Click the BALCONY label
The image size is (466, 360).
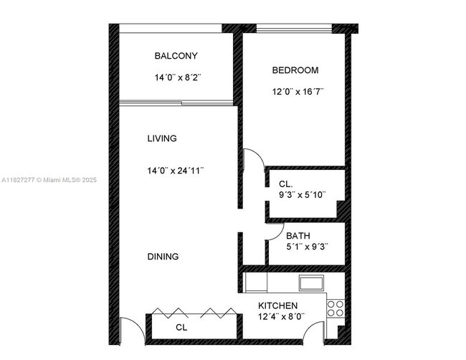(176, 56)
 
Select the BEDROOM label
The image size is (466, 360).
(295, 70)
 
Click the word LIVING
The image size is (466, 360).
(162, 138)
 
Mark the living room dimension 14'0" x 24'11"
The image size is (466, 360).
(176, 171)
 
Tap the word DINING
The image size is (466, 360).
(163, 257)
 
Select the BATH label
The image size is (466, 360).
(298, 236)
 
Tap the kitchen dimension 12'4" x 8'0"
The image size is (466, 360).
(281, 316)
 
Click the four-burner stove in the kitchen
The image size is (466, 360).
(336, 308)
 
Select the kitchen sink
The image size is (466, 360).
(312, 283)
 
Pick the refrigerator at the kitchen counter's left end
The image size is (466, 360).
(255, 282)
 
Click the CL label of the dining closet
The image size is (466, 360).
(181, 328)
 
